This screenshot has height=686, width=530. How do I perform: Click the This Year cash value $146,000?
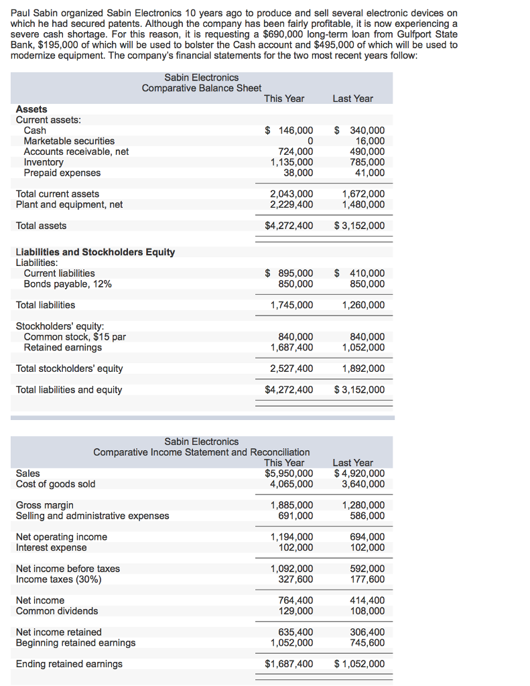(289, 131)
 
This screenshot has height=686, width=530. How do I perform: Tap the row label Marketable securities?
(69, 141)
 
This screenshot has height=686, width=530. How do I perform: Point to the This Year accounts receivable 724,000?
(295, 151)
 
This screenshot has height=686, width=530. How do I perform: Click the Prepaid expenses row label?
(62, 173)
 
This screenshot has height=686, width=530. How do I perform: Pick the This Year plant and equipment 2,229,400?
(291, 204)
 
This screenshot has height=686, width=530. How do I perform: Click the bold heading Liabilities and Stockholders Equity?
(95, 252)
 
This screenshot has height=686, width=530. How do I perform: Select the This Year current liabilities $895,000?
(289, 273)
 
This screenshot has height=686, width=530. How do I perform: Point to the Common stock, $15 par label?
(75, 337)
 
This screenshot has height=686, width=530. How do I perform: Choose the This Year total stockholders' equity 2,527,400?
(291, 368)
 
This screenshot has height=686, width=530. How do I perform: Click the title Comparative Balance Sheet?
(202, 88)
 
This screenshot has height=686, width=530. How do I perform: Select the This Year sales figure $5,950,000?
(289, 474)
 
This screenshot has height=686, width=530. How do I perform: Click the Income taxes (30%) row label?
(59, 579)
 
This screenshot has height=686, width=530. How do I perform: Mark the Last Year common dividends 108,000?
(367, 611)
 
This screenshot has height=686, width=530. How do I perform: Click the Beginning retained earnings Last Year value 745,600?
(367, 642)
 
